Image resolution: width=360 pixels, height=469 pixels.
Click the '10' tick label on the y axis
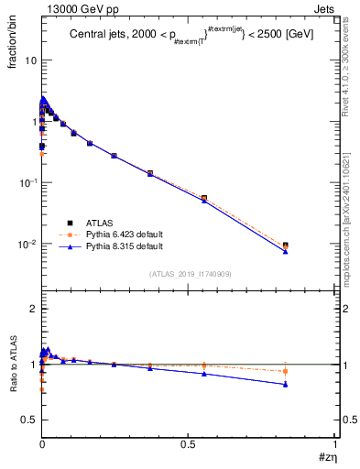point(30,60)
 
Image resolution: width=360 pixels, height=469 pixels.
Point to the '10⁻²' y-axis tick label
point(28,245)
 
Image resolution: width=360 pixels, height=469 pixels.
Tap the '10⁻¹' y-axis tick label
point(28,183)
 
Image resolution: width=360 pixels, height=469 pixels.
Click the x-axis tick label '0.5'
point(189,444)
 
